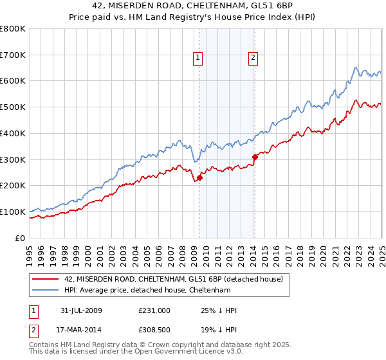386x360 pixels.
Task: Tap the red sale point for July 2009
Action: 199,177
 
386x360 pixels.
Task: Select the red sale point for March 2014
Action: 255,156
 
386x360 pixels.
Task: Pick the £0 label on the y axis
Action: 21,238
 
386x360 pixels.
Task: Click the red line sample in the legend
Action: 44,279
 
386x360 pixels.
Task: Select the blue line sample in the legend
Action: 44,291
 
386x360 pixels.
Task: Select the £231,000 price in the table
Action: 154,310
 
